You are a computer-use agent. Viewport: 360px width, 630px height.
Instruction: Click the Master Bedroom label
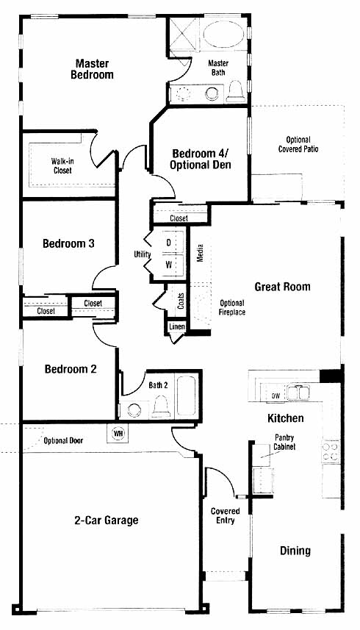tap(92, 68)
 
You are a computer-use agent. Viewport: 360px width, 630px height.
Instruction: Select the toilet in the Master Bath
tap(235, 92)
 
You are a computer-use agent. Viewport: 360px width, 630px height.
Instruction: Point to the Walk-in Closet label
tap(62, 165)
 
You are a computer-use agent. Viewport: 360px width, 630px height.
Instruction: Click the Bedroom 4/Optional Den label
tap(201, 159)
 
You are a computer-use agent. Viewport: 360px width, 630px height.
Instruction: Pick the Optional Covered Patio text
tap(298, 144)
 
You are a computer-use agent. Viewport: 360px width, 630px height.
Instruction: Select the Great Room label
tap(283, 287)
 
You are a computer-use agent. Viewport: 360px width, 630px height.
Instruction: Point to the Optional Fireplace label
tap(232, 307)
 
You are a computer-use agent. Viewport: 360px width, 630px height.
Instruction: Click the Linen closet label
tap(176, 326)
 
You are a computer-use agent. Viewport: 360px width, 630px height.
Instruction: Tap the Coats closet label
tap(181, 301)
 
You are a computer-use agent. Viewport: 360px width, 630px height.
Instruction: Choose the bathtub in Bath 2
tap(186, 395)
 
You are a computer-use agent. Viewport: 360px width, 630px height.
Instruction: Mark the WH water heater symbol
tap(118, 434)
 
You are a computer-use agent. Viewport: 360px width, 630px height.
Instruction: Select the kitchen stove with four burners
tap(331, 451)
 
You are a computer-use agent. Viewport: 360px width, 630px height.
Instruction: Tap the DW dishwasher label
tap(276, 395)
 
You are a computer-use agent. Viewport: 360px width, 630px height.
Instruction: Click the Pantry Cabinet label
tap(284, 442)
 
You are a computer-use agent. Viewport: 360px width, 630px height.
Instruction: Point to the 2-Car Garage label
tap(107, 520)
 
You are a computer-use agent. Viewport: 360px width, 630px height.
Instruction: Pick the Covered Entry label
tap(225, 515)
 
